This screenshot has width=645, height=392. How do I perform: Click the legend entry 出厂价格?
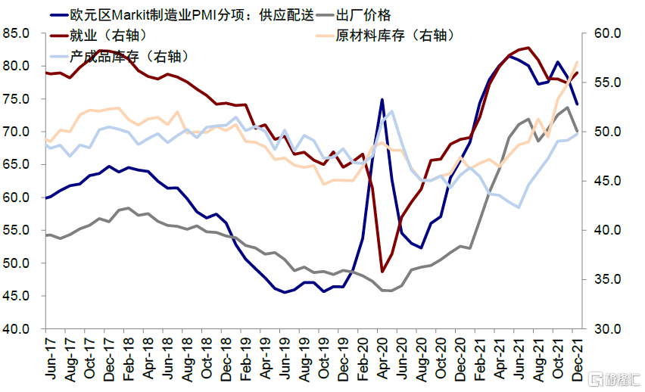[368, 14]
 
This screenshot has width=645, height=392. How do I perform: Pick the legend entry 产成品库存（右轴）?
[129, 56]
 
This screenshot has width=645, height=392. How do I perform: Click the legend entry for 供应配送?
[181, 14]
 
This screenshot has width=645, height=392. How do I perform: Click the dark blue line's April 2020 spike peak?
[382, 99]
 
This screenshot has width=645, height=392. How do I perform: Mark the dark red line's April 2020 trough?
[382, 272]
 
